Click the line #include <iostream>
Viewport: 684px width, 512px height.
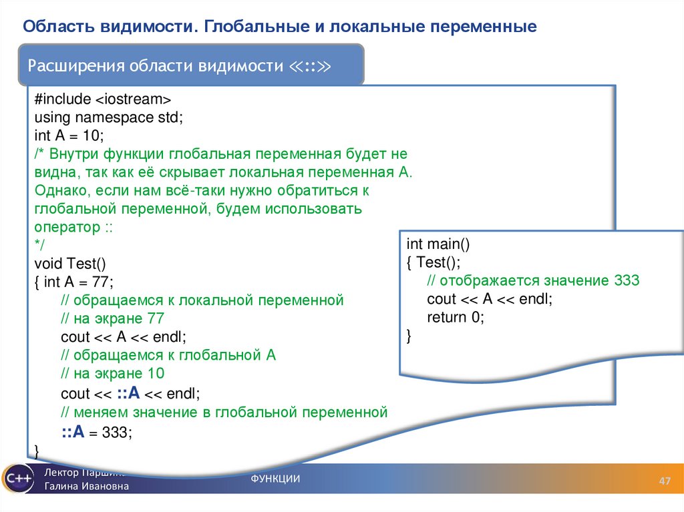click(x=103, y=99)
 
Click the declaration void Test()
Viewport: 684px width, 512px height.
click(x=70, y=263)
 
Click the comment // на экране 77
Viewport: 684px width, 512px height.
click(x=112, y=318)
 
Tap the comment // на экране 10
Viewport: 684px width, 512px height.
click(x=112, y=372)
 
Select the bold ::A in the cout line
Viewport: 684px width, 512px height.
click(x=127, y=392)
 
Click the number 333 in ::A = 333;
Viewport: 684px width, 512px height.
click(x=118, y=433)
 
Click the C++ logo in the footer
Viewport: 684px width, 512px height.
click(x=17, y=478)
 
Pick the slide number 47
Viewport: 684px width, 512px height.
click(x=665, y=482)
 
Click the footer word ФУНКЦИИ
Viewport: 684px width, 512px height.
click(x=275, y=479)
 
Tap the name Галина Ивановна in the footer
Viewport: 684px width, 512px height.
click(x=87, y=487)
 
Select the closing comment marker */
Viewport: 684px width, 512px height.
click(x=39, y=245)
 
